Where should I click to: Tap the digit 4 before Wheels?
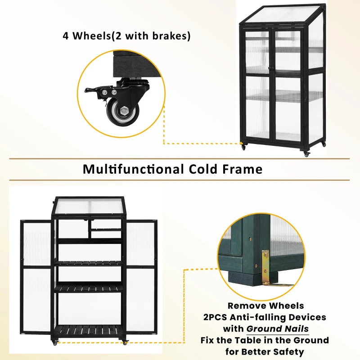tap(66, 36)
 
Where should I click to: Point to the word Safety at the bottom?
tap(288, 351)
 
